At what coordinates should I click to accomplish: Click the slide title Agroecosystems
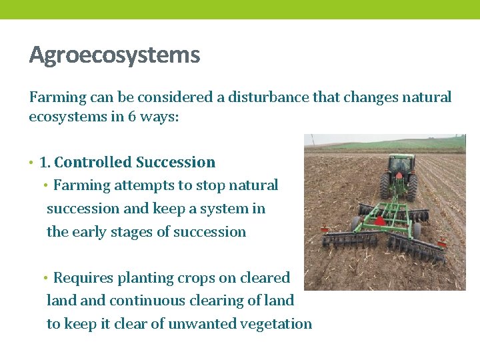click(x=114, y=55)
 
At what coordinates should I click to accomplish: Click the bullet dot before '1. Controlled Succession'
click(x=31, y=163)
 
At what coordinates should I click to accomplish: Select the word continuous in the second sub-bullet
click(x=143, y=301)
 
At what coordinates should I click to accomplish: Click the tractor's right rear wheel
click(x=413, y=187)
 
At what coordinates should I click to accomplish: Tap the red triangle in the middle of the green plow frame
click(x=380, y=221)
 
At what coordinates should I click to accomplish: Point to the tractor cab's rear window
click(x=401, y=163)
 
